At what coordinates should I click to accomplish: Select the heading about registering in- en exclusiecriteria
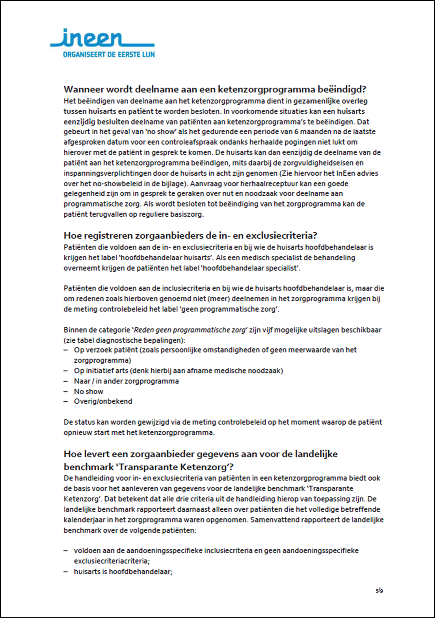coord(190,236)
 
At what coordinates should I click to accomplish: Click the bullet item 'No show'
coord(89,391)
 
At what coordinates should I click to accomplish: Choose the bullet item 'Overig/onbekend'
coord(103,401)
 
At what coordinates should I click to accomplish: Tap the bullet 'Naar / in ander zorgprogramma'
coord(126,381)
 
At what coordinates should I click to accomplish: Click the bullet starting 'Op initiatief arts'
coord(178,371)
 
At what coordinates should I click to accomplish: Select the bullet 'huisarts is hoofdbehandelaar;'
coord(123,571)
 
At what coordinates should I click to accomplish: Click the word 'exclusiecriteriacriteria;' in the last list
coord(112,561)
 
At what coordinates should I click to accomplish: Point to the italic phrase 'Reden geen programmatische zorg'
coord(190,330)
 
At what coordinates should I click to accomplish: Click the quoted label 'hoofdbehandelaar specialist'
coord(250,268)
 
